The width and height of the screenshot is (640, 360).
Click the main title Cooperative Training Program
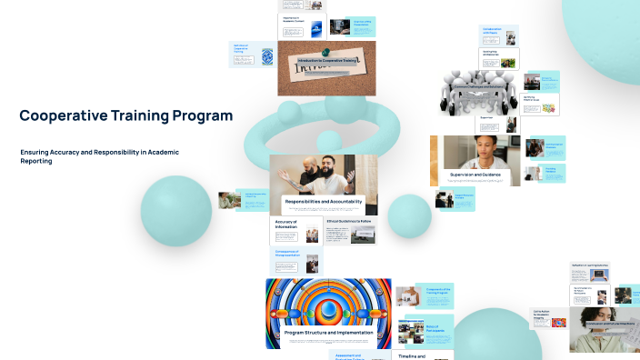(125, 115)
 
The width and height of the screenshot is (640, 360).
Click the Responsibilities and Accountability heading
(324, 201)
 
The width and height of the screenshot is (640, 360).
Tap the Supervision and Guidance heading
(475, 174)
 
